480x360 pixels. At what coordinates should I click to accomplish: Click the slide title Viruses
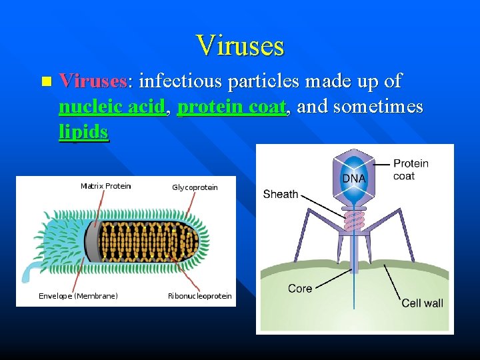pyautogui.click(x=240, y=45)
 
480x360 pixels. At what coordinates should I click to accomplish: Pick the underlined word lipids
pyautogui.click(x=83, y=132)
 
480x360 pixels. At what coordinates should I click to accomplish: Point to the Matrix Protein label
pyautogui.click(x=105, y=186)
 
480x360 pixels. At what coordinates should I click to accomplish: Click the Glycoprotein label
pyautogui.click(x=195, y=187)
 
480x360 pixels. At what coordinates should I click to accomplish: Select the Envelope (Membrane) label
pyautogui.click(x=78, y=296)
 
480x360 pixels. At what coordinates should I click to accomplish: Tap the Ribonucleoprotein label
pyautogui.click(x=199, y=296)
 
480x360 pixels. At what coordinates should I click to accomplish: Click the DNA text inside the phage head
pyautogui.click(x=353, y=178)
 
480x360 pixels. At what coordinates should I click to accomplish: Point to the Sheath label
pyautogui.click(x=280, y=194)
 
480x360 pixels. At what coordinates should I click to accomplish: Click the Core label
pyautogui.click(x=299, y=289)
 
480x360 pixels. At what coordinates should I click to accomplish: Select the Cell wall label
pyautogui.click(x=422, y=303)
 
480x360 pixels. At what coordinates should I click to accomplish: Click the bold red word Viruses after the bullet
pyautogui.click(x=93, y=82)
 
